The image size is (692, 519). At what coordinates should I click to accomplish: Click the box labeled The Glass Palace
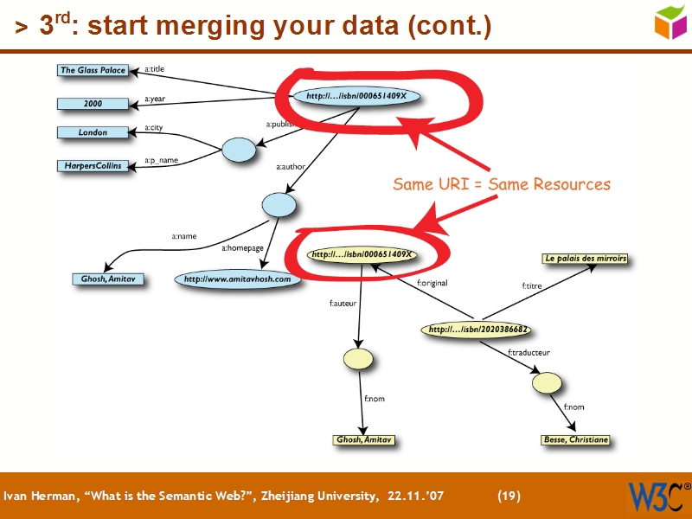pyautogui.click(x=93, y=70)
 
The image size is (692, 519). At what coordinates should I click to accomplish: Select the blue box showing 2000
pyautogui.click(x=93, y=104)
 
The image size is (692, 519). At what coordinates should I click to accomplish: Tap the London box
pyautogui.click(x=93, y=132)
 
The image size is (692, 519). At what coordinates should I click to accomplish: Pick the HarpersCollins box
pyautogui.click(x=93, y=165)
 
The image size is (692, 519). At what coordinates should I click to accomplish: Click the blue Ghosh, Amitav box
pyautogui.click(x=108, y=279)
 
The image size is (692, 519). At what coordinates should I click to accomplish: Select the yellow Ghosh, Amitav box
pyautogui.click(x=364, y=439)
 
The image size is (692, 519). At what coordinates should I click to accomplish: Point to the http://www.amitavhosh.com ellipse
pyautogui.click(x=239, y=279)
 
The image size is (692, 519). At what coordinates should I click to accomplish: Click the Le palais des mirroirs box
pyautogui.click(x=586, y=258)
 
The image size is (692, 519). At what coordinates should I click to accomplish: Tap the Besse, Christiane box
pyautogui.click(x=575, y=439)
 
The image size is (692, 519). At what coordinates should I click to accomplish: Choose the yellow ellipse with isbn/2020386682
pyautogui.click(x=478, y=330)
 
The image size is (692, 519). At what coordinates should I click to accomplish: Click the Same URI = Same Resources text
pyautogui.click(x=502, y=184)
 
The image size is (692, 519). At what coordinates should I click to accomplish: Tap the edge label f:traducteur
pyautogui.click(x=529, y=352)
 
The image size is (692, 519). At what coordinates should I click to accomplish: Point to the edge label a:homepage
pyautogui.click(x=242, y=248)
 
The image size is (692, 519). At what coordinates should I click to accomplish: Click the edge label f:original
pyautogui.click(x=432, y=282)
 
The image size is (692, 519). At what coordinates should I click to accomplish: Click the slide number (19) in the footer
pyautogui.click(x=509, y=496)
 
